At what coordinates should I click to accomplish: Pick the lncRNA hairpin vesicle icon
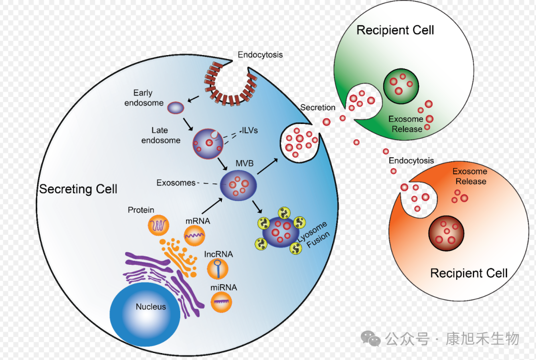click(x=217, y=268)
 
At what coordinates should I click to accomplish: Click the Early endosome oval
click(x=175, y=107)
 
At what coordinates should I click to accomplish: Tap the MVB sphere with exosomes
click(x=239, y=185)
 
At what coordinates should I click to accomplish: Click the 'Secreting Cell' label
click(x=78, y=189)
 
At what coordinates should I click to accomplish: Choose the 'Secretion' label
click(x=318, y=108)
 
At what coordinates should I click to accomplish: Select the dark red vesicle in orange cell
click(x=446, y=232)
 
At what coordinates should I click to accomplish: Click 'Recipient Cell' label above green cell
click(x=395, y=30)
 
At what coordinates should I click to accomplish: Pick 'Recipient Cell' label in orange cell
click(x=469, y=273)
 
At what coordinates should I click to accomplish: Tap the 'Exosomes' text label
click(x=176, y=183)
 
